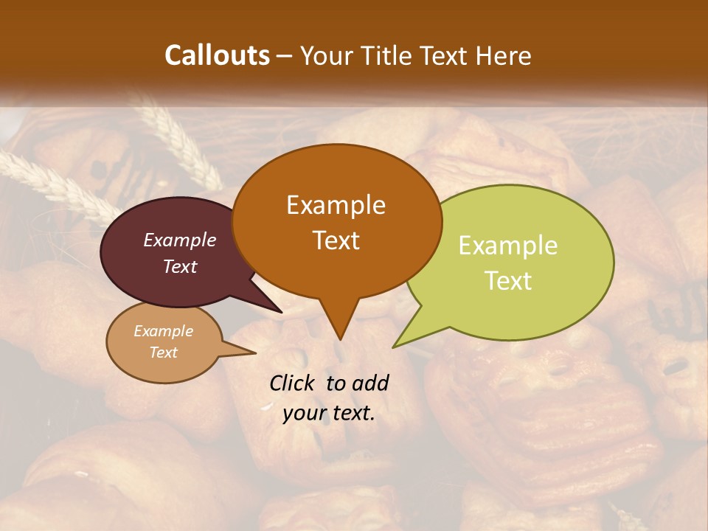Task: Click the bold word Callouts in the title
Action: coord(217,55)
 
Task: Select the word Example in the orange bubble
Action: coord(336,205)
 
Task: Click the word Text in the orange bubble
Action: coord(336,240)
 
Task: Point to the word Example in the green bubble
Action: coord(508,246)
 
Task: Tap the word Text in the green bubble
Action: coord(508,281)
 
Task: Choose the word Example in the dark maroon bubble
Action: coord(180,240)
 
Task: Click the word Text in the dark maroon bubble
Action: coord(180,266)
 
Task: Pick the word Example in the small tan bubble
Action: coord(163,331)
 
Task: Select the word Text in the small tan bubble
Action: coord(163,353)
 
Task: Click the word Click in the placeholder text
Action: coord(293,383)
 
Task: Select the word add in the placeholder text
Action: coord(369,383)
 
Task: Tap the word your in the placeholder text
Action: coord(305,413)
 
